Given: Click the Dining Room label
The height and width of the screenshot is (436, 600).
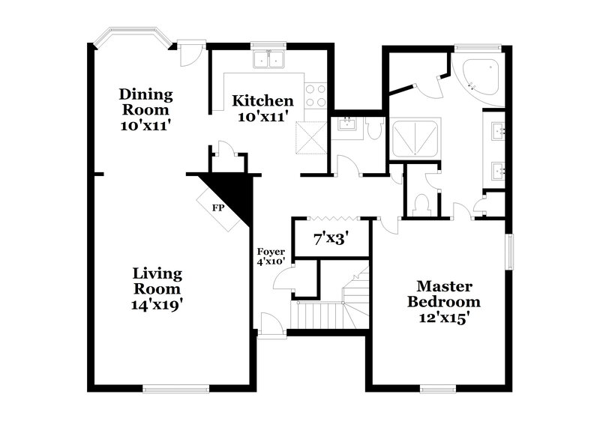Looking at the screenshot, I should click(145, 95).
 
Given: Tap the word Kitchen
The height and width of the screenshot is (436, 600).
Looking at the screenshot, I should click(262, 100).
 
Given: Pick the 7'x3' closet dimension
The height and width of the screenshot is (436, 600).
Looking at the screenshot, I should click(331, 240).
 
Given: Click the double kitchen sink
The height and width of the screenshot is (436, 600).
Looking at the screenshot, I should click(271, 59).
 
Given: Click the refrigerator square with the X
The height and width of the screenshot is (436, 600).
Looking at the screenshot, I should click(310, 136).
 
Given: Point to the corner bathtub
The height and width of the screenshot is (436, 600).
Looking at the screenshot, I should click(481, 76).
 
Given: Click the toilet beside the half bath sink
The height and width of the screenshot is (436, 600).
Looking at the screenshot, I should click(374, 129).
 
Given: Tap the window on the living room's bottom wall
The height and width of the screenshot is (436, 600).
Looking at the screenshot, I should click(174, 388).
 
